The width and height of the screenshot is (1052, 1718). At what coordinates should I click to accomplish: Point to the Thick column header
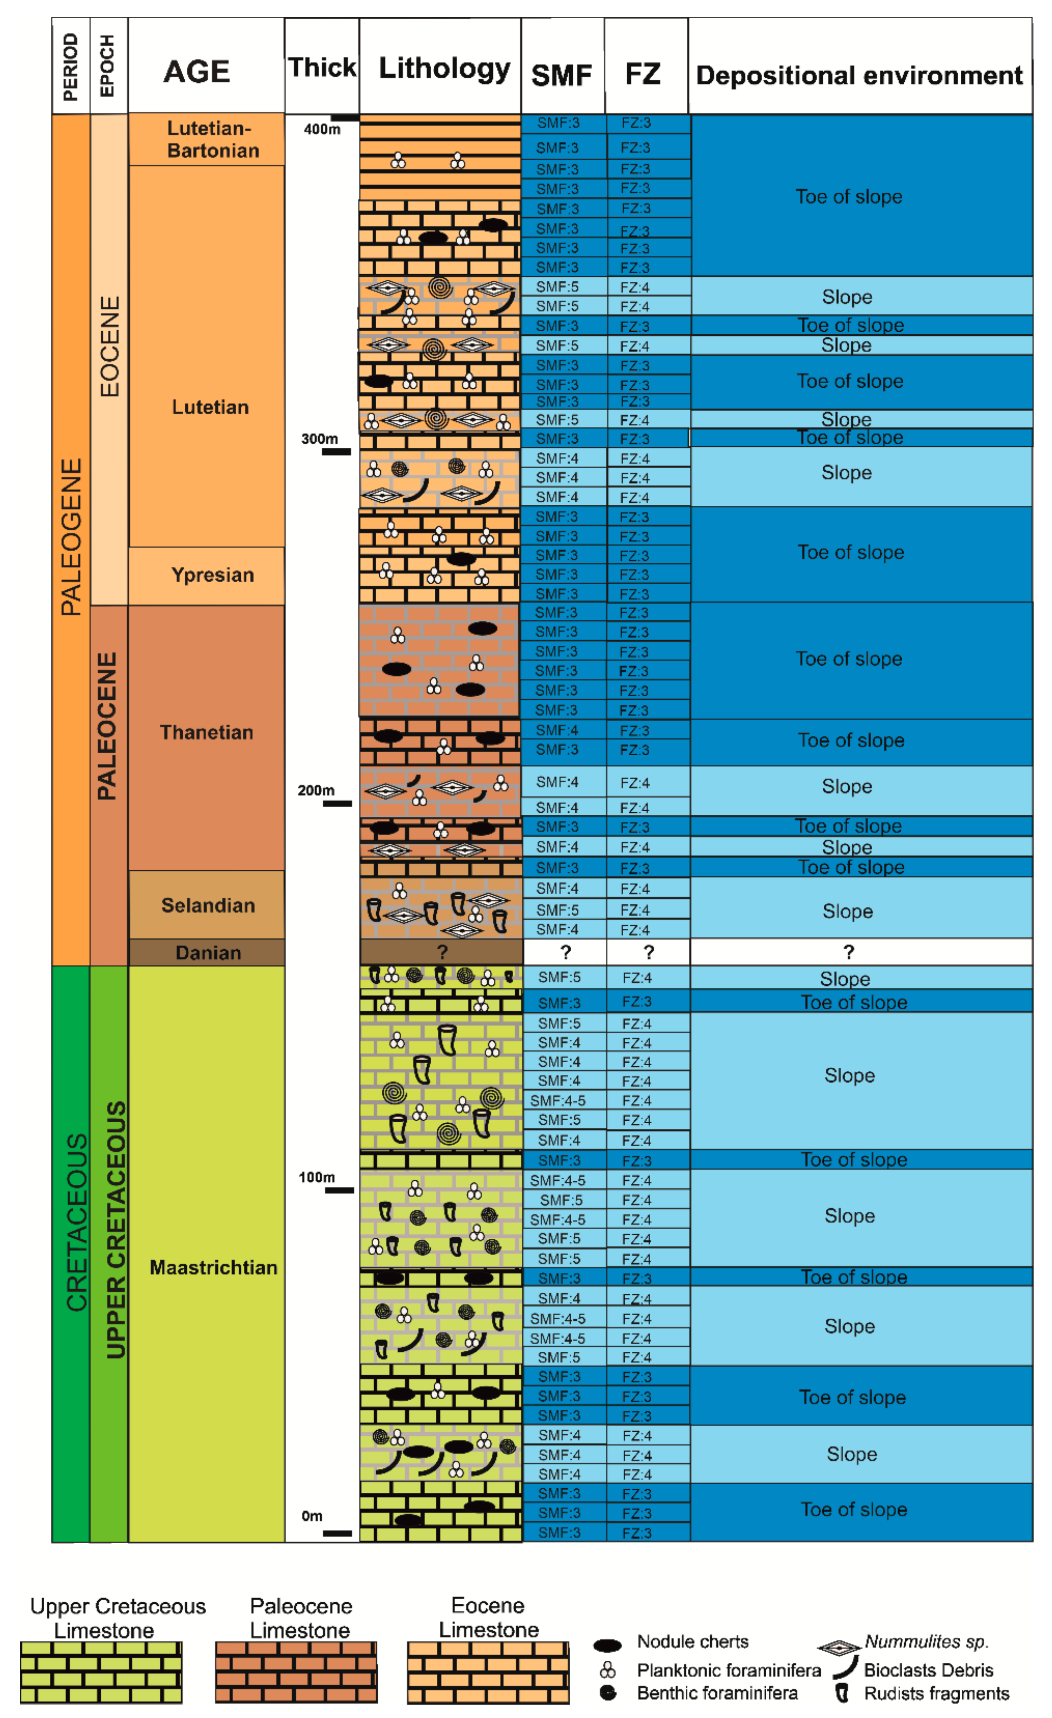[321, 68]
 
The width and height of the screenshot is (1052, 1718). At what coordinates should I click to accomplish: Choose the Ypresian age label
[213, 575]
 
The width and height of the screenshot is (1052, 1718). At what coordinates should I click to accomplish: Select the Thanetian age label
[206, 732]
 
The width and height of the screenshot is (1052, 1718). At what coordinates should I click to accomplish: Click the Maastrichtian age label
[213, 1267]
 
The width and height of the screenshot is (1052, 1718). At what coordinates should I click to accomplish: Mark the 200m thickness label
[316, 790]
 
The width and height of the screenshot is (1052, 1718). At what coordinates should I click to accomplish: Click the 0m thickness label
[312, 1516]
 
